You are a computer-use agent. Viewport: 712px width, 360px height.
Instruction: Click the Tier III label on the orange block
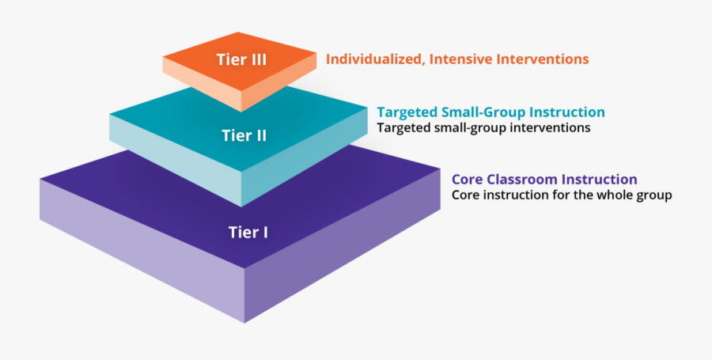pyautogui.click(x=241, y=59)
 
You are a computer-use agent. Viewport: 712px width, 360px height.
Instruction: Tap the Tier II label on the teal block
pyautogui.click(x=244, y=135)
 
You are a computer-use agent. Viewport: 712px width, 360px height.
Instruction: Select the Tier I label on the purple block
pyautogui.click(x=248, y=232)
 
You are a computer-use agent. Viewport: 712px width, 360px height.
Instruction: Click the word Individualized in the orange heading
pyautogui.click(x=376, y=59)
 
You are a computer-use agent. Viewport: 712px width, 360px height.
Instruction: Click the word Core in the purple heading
pyautogui.click(x=468, y=180)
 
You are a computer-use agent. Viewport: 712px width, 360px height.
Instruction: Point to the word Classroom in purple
pyautogui.click(x=521, y=180)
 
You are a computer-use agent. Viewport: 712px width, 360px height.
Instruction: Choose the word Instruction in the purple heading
pyautogui.click(x=598, y=180)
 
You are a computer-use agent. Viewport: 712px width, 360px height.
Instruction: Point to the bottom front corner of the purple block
pyautogui.click(x=244, y=323)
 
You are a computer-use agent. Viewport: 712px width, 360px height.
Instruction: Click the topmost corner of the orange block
pyautogui.click(x=238, y=32)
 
